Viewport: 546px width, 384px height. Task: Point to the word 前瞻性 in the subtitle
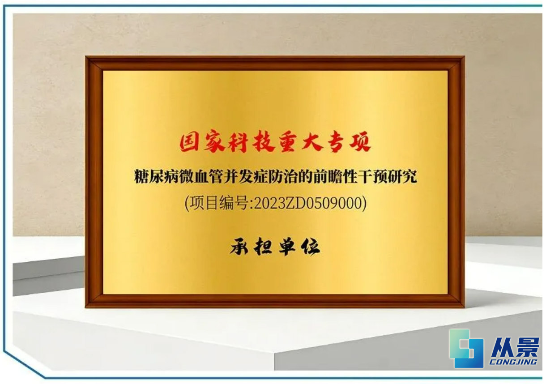click(335, 176)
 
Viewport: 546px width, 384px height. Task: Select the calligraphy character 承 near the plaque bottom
click(239, 247)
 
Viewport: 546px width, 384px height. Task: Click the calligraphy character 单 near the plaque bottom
click(287, 247)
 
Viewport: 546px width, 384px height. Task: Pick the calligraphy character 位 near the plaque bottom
click(311, 247)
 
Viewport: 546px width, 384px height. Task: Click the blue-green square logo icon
click(466, 349)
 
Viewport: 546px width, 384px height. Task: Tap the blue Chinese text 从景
click(515, 347)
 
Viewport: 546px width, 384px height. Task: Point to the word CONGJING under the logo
click(513, 362)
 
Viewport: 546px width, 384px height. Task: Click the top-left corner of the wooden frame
click(85, 56)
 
